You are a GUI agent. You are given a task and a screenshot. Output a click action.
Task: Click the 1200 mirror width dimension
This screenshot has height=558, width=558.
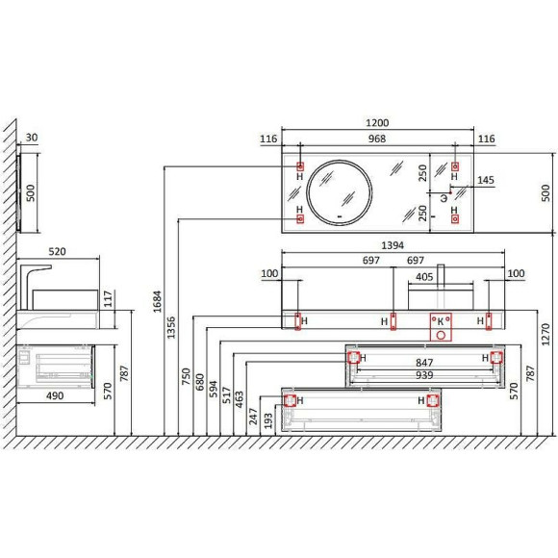pos(377,123)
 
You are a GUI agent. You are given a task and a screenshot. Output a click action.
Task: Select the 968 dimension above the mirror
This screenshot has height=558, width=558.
pos(377,139)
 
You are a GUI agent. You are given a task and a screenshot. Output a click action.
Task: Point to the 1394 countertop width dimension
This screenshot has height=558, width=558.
pos(393,245)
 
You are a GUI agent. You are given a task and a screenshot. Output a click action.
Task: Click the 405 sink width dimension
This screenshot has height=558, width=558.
pos(424,277)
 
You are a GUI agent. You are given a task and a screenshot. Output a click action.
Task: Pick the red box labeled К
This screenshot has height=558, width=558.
pos(441,327)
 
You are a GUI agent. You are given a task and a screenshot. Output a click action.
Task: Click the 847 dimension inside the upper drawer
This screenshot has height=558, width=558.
pos(424,363)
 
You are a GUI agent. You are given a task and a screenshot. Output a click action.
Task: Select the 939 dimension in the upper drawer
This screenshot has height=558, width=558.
pos(424,375)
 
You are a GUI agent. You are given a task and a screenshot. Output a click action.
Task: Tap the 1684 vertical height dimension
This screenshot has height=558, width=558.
pos(157,301)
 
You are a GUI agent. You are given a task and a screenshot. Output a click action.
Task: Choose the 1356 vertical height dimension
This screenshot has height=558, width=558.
pos(171,327)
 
